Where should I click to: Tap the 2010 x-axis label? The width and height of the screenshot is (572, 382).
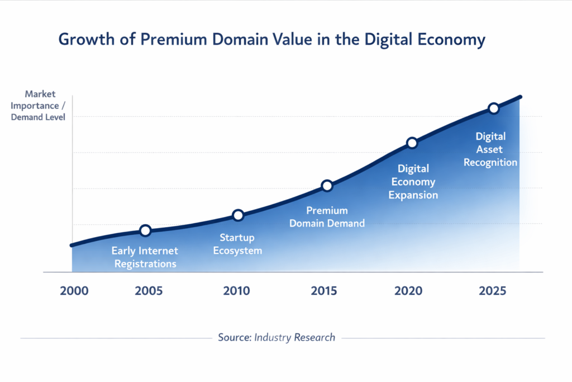coord(237,291)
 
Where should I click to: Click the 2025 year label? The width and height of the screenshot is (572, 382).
coord(493,291)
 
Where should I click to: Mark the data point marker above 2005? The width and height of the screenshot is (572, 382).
coord(145,230)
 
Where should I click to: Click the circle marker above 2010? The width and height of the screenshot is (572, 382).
coord(238,215)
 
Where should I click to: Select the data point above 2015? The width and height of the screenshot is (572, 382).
coord(327,186)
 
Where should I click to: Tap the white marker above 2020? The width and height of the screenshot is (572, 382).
coord(412,143)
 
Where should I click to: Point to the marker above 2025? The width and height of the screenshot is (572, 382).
coord(493,109)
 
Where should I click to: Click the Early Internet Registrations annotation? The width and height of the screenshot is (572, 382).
coord(145,257)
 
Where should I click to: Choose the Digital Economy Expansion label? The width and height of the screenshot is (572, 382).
coord(413,182)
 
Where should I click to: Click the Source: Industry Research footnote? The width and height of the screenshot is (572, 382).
coord(277,337)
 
